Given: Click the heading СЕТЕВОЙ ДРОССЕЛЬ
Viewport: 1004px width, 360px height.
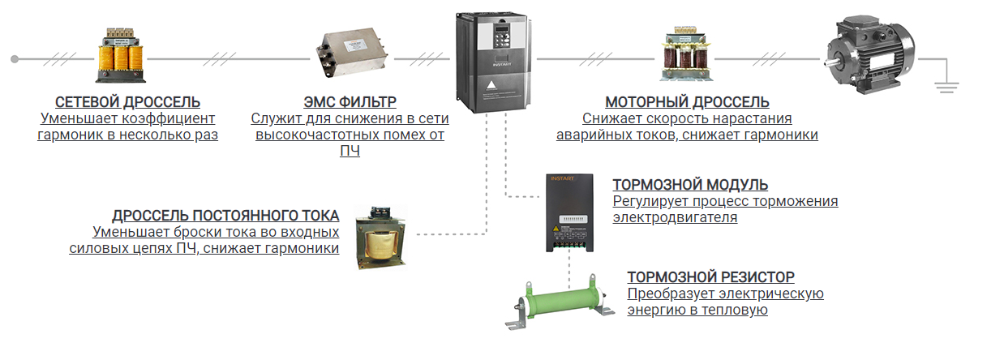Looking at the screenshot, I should point(127,102).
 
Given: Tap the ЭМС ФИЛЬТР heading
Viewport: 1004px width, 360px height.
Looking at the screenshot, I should point(350,102).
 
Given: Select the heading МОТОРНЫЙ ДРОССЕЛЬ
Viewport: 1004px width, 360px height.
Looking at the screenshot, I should point(687,102).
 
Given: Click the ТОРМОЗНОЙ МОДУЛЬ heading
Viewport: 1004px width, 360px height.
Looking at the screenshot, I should point(690,185).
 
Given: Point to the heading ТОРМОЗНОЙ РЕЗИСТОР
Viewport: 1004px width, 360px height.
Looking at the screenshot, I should point(710,276).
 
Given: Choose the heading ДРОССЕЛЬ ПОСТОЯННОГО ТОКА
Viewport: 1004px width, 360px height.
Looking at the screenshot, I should point(225,216).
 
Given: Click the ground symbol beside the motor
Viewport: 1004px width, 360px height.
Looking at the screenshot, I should point(946,84).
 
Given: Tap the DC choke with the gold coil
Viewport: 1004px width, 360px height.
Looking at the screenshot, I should point(380,238).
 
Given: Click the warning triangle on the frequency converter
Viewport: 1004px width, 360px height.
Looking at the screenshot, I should point(490,84).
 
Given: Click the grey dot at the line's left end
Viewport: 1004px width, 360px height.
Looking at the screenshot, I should point(14,58).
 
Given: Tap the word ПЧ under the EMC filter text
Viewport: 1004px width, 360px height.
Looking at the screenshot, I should point(350,151).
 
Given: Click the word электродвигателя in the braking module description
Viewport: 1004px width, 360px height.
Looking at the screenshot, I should point(675,217).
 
